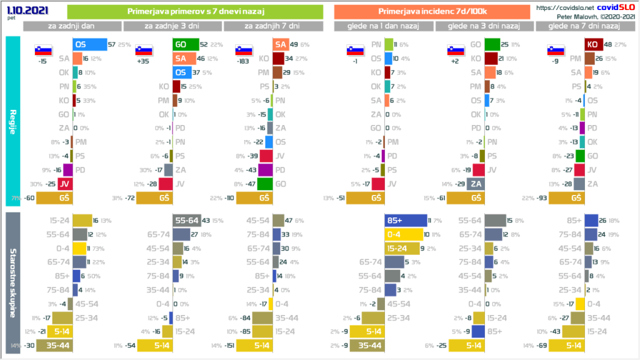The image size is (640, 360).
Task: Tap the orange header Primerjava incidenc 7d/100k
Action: [x=434, y=12]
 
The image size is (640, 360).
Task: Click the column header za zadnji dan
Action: [x=72, y=26]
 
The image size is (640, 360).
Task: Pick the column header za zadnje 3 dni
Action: [x=172, y=26]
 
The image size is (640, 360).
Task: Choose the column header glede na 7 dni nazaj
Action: [x=584, y=26]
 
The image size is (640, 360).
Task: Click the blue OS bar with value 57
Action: [x=89, y=44]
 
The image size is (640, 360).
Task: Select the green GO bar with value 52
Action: [x=184, y=44]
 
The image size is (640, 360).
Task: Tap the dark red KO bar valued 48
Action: [x=593, y=44]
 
